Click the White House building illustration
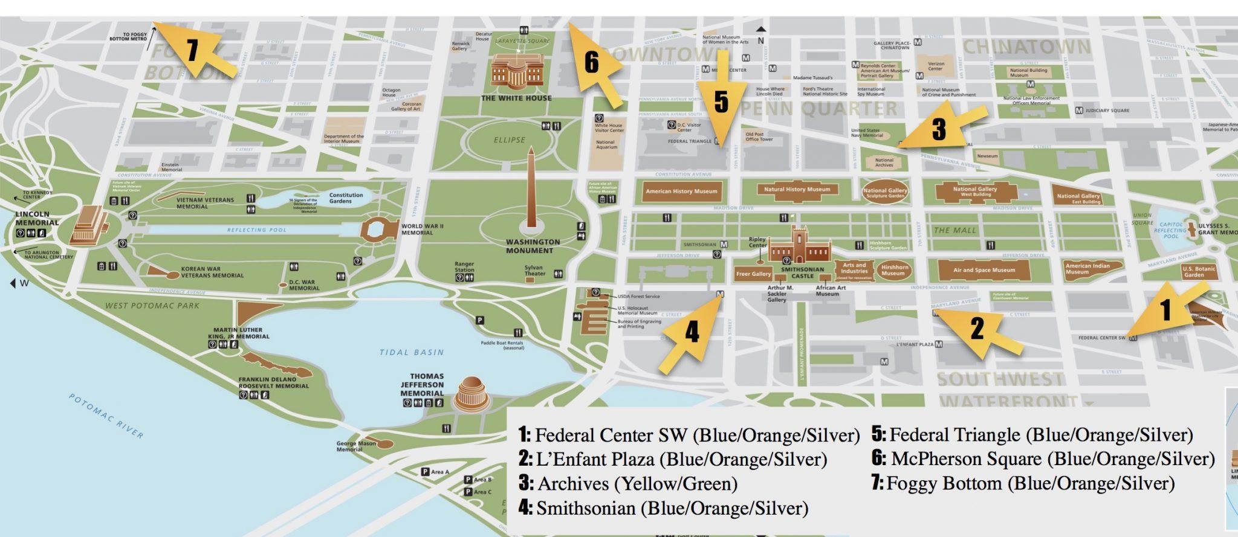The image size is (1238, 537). tap(517, 72)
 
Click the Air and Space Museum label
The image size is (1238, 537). tap(984, 270)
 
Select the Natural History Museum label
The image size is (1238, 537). tap(797, 189)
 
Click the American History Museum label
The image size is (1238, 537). tap(681, 191)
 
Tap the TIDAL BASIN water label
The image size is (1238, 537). tap(412, 352)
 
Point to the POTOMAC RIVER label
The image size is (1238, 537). tap(106, 416)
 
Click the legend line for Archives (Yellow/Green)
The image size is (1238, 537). tap(629, 484)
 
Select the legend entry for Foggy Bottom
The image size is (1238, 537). tap(1023, 483)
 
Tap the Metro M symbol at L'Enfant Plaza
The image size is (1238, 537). tap(939, 344)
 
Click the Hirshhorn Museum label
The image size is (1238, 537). tap(894, 270)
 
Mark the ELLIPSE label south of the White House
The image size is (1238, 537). tap(510, 140)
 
